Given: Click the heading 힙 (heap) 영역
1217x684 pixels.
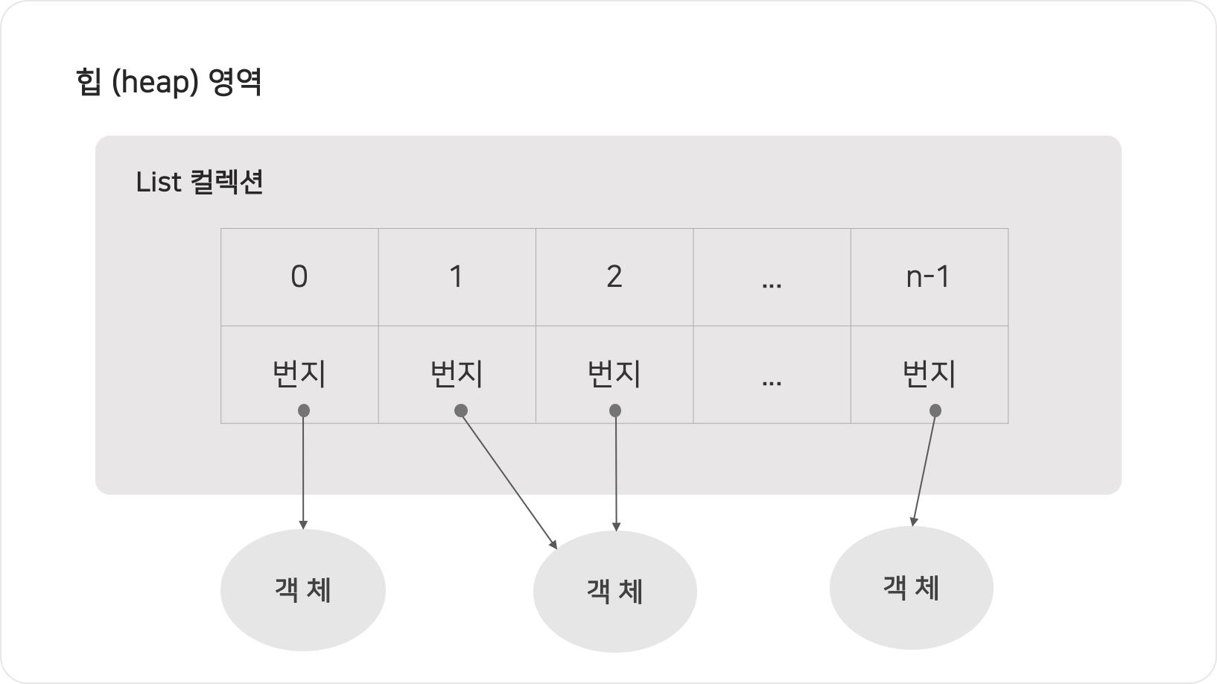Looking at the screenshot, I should (168, 82).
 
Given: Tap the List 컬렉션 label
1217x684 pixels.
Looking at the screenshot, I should (200, 183).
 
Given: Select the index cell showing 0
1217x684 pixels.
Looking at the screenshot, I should (299, 277).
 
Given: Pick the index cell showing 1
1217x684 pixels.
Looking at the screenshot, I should (457, 277).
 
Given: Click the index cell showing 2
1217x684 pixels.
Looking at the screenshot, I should (614, 277).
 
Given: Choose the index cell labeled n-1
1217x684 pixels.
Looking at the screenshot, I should (929, 277).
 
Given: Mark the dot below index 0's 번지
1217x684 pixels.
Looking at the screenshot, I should (303, 411).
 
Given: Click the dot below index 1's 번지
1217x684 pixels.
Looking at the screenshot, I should (461, 411).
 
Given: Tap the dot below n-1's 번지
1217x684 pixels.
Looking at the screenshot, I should (935, 411).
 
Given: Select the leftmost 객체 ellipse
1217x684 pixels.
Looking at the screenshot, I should (302, 590).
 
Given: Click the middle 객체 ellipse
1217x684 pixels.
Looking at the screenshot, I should (614, 592).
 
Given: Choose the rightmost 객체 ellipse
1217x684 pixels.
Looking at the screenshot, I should (911, 588).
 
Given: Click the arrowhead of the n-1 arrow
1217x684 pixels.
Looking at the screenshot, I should (913, 521).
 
